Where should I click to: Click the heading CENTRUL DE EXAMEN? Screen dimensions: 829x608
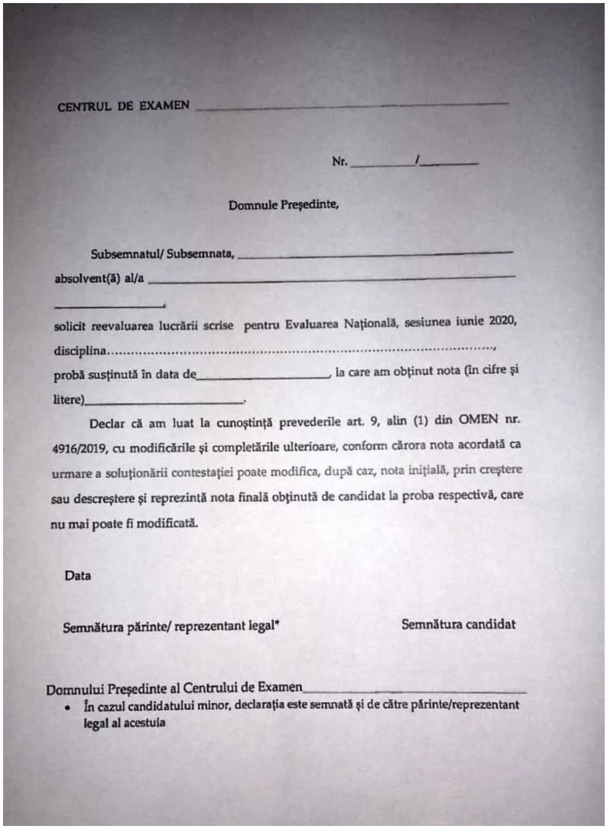coord(123,106)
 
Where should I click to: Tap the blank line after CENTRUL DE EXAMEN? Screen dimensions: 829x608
coord(351,106)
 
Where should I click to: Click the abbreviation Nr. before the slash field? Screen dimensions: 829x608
coord(339,163)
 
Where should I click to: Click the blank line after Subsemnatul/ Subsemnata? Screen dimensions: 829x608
coord(375,255)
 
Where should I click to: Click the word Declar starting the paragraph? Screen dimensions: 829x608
coord(106,423)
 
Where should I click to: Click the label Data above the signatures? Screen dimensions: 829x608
coord(78,576)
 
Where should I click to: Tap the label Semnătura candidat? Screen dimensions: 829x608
coord(458,625)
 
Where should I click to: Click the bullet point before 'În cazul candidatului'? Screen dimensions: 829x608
coord(69,708)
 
